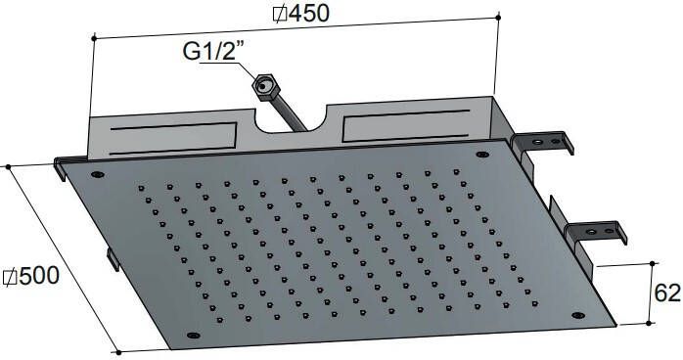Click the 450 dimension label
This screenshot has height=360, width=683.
point(308,13)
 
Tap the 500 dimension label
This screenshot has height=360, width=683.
point(39,276)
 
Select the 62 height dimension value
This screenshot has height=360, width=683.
point(667,292)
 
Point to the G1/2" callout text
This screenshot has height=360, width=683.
point(214,51)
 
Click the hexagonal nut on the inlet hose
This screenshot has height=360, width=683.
point(263,87)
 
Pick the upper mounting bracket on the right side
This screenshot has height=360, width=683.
point(542,144)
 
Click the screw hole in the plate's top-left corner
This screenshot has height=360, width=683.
point(98,174)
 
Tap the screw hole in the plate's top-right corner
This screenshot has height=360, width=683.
point(482,155)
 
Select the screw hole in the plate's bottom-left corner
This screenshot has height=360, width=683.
point(193,336)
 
